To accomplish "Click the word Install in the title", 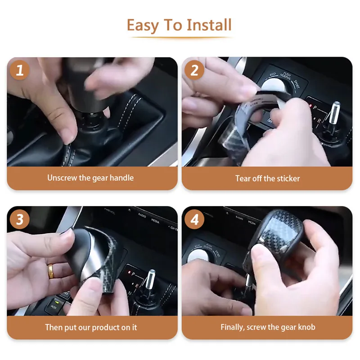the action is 209,25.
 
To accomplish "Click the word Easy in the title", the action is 143,26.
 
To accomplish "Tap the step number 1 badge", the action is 20,70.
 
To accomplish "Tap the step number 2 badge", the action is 194,70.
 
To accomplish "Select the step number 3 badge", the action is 20,219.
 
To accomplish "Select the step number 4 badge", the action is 194,219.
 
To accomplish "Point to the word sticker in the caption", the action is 288,178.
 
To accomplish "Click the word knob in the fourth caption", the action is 307,327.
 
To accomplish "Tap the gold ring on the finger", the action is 50,271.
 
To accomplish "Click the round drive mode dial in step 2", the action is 274,85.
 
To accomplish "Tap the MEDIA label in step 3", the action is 155,221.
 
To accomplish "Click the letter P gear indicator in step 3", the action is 133,274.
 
